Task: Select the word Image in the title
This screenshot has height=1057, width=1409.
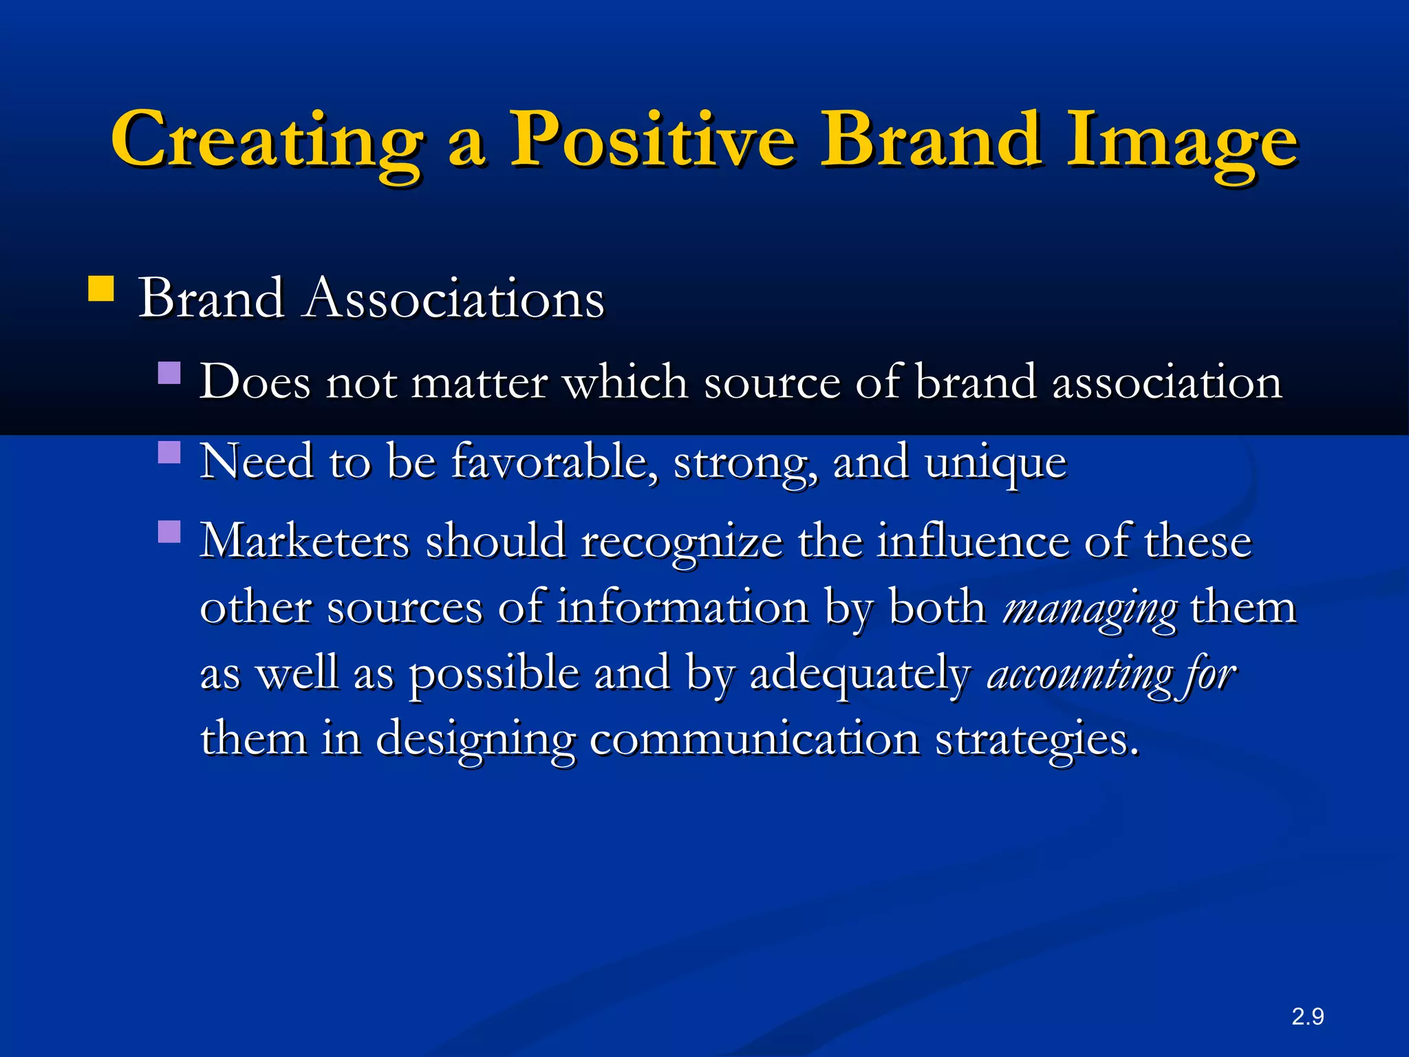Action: coord(1181,141)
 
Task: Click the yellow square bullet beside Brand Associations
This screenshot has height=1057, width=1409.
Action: coord(101,289)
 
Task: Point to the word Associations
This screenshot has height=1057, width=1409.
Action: coord(454,299)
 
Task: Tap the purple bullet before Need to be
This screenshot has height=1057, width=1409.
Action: coord(169,453)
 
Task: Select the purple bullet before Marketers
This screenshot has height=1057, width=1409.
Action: coord(169,531)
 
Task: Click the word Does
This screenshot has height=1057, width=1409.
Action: coord(255,381)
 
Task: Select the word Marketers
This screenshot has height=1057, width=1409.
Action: coord(304,541)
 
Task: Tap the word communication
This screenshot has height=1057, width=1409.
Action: coord(754,738)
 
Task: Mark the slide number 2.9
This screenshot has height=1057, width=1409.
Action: coord(1307,1016)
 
